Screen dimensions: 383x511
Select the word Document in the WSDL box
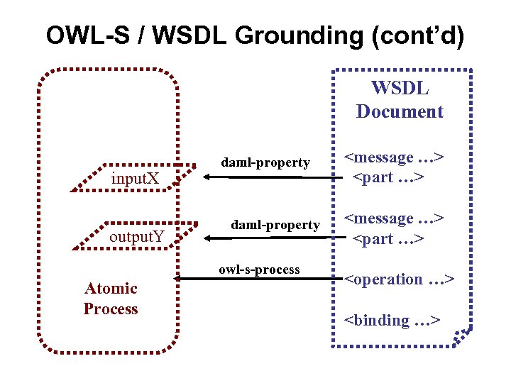[400, 111]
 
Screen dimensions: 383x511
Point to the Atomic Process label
[111, 298]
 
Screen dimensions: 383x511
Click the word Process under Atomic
[111, 309]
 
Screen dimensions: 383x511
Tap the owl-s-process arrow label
[259, 270]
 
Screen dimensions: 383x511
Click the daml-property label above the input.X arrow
[265, 162]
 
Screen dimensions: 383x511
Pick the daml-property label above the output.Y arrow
[275, 225]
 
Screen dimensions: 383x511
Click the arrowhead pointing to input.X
[198, 178]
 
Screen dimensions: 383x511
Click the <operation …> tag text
[399, 279]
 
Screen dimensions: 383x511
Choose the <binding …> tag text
[392, 321]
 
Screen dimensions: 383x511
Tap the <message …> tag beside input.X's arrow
[395, 157]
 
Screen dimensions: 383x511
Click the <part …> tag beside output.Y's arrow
[389, 239]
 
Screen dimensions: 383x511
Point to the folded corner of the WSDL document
[462, 335]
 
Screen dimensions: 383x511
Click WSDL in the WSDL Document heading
[400, 89]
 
